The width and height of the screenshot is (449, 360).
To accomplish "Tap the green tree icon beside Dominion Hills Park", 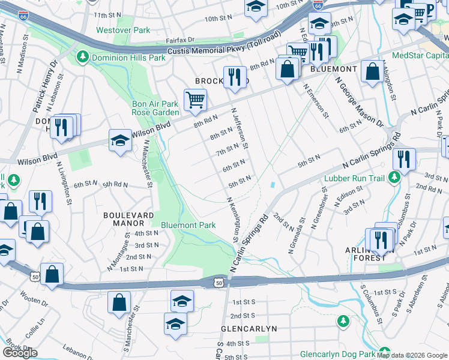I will (82, 58).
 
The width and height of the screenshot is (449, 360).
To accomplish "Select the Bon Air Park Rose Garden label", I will (155, 108).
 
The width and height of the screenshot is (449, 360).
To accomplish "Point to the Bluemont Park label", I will (188, 225).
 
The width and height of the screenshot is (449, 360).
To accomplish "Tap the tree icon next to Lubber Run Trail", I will (394, 177).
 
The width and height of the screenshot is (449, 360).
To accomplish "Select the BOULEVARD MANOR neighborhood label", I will (128, 219).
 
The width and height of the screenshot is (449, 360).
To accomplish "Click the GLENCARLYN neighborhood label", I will (248, 329).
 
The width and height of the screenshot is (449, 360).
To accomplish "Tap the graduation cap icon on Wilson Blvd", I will (119, 141).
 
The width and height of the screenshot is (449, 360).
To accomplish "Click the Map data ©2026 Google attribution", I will (412, 355).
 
